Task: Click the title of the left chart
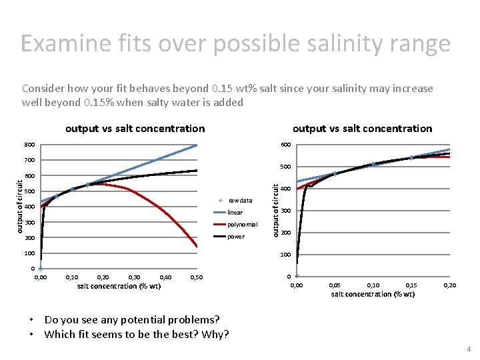click(x=135, y=128)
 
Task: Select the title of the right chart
click(x=362, y=128)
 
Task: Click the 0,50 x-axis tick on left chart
click(x=197, y=277)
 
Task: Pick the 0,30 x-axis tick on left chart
click(x=134, y=277)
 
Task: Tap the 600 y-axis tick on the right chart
click(x=285, y=145)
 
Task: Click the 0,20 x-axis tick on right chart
click(x=450, y=285)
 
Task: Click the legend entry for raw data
click(x=239, y=200)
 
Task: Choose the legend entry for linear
click(x=235, y=212)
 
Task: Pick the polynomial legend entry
click(x=242, y=224)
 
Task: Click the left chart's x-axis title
click(x=119, y=286)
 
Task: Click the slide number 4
click(x=469, y=349)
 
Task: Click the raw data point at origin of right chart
click(x=297, y=276)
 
